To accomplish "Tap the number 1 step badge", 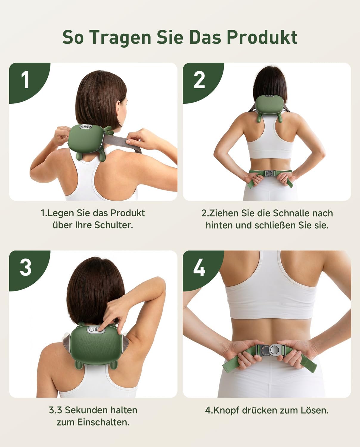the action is click(26, 80).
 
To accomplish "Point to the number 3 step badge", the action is click(26, 268).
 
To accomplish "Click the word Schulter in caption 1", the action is click(114, 225).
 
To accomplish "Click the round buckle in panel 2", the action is click(270, 173).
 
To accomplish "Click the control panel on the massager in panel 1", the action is click(86, 126).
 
